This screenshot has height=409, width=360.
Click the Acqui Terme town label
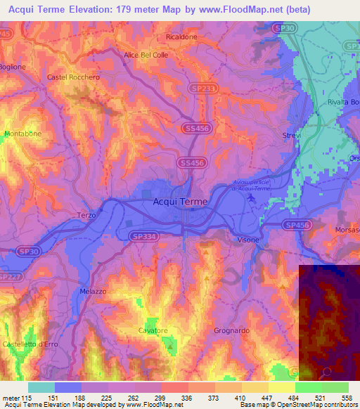point(180,202)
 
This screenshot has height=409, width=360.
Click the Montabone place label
point(22,134)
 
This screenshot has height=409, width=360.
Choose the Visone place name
point(247,240)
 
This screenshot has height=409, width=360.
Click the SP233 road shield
point(203,89)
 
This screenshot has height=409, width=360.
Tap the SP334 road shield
point(143,238)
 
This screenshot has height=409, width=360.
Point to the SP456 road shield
point(297,225)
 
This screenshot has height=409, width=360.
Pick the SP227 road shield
point(8,277)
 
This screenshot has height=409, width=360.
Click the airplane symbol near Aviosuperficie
point(252,197)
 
